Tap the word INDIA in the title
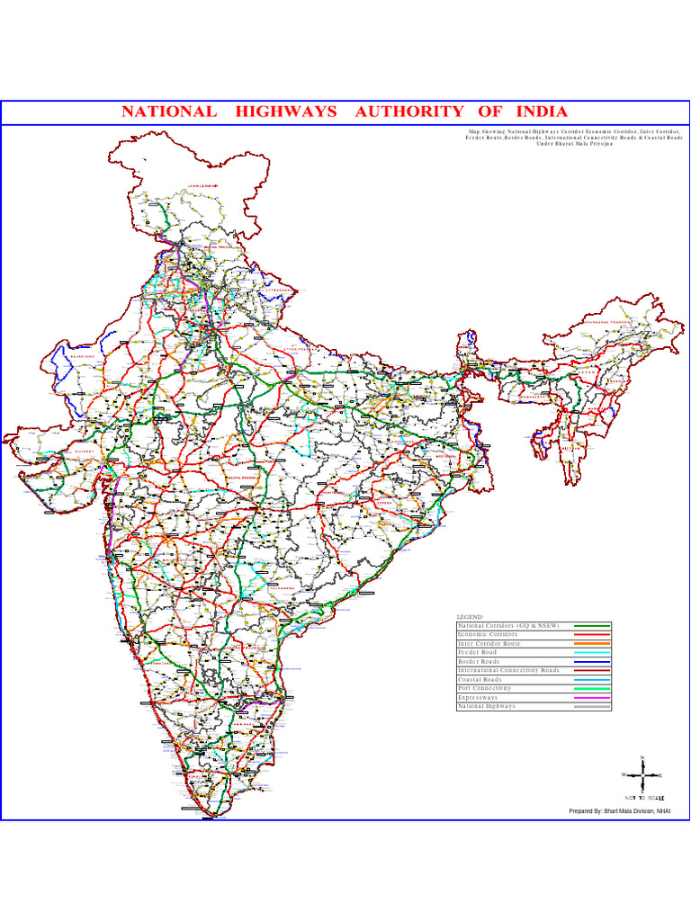[542, 112]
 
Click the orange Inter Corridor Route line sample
[592, 644]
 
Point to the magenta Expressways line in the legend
[592, 698]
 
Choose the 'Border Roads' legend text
[479, 661]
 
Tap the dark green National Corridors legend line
[592, 625]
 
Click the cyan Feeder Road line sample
[592, 653]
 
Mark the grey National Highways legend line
[592, 707]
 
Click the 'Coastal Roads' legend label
[482, 679]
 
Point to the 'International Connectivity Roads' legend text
[508, 670]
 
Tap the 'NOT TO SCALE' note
[644, 798]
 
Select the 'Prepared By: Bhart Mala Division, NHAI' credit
[620, 811]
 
